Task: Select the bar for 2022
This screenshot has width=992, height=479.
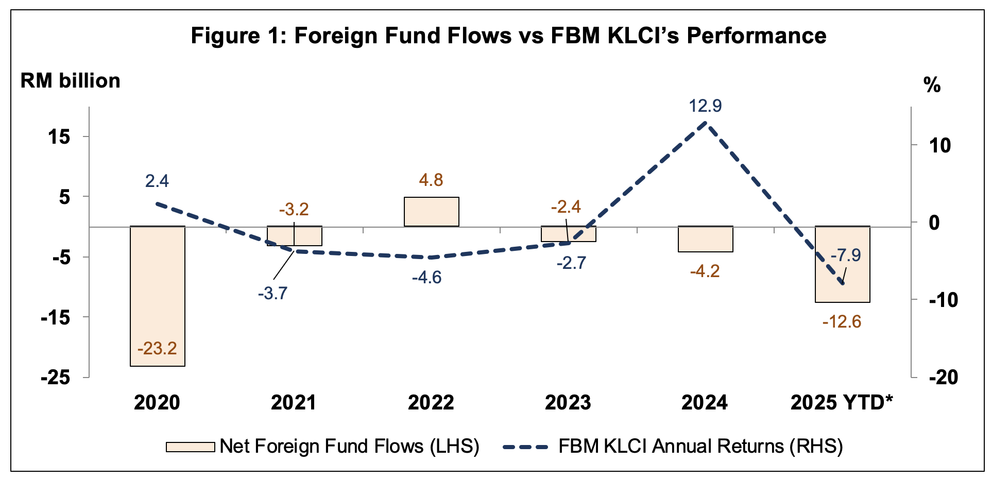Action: (x=431, y=212)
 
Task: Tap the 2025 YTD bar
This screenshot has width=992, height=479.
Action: (x=842, y=278)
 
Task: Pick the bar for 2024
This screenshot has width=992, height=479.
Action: (x=705, y=239)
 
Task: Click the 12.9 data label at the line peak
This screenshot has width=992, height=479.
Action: (x=705, y=106)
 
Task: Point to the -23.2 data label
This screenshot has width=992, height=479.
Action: (x=157, y=349)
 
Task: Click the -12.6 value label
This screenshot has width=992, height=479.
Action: (x=842, y=322)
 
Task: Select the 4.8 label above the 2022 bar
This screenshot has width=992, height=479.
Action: (x=431, y=180)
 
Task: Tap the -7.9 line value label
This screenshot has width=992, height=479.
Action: (x=846, y=255)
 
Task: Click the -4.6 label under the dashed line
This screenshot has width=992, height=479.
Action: (x=426, y=278)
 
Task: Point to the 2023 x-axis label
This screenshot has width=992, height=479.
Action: (x=568, y=403)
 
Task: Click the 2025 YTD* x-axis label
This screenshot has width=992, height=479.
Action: (x=842, y=403)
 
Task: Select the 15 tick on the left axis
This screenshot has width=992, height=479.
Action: (x=60, y=137)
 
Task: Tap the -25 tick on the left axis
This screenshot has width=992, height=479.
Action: (x=56, y=378)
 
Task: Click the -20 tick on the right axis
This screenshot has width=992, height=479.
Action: (x=944, y=378)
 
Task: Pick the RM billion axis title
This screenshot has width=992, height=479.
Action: (x=70, y=81)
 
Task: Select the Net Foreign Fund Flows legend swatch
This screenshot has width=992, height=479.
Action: (x=190, y=447)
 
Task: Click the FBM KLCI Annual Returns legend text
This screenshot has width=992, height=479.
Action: (x=700, y=447)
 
